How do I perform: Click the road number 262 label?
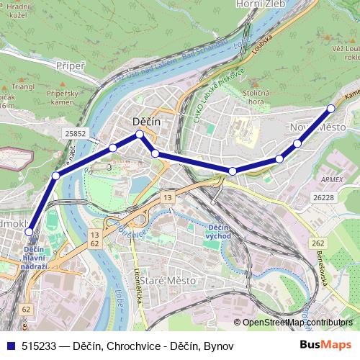tap(320, 243)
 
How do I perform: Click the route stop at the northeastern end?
tap(331, 109)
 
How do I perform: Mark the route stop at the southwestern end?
tap(30, 232)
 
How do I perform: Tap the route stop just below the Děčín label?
tap(140, 134)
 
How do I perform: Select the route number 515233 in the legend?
tap(40, 346)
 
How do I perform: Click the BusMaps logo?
tap(325, 345)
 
